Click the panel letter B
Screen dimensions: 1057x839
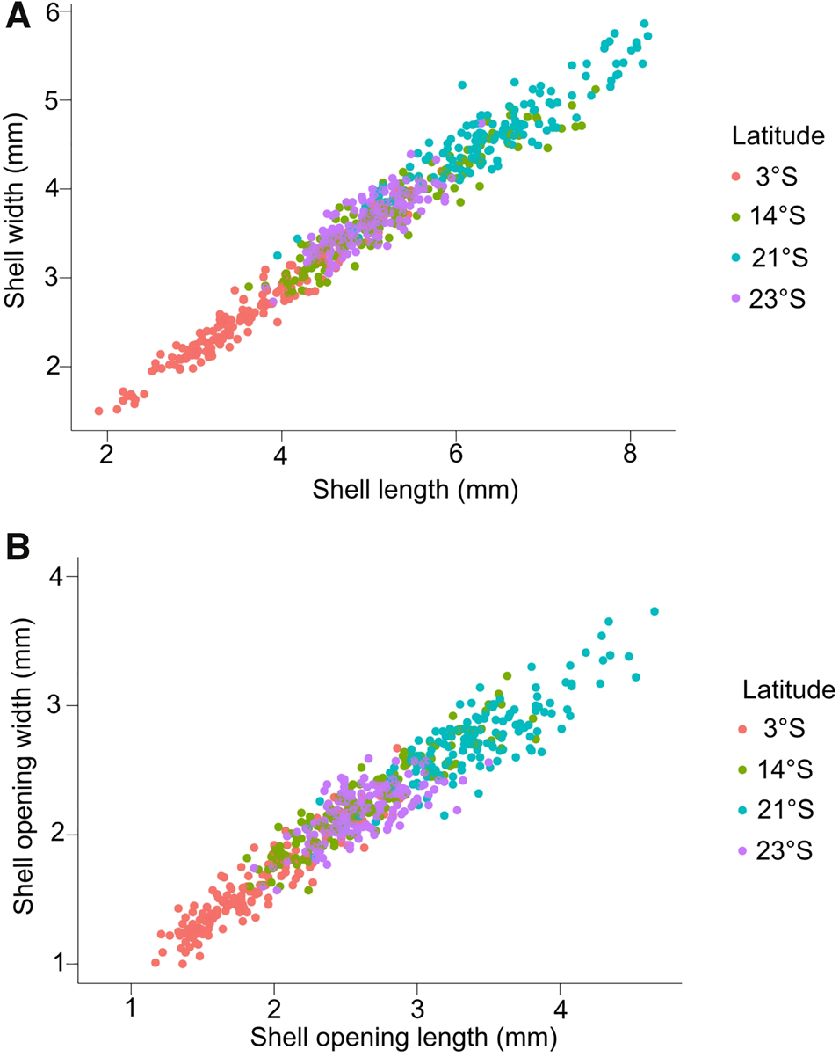(19, 548)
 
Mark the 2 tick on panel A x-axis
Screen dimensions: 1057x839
(106, 457)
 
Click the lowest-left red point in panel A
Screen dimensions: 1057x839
(99, 411)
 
